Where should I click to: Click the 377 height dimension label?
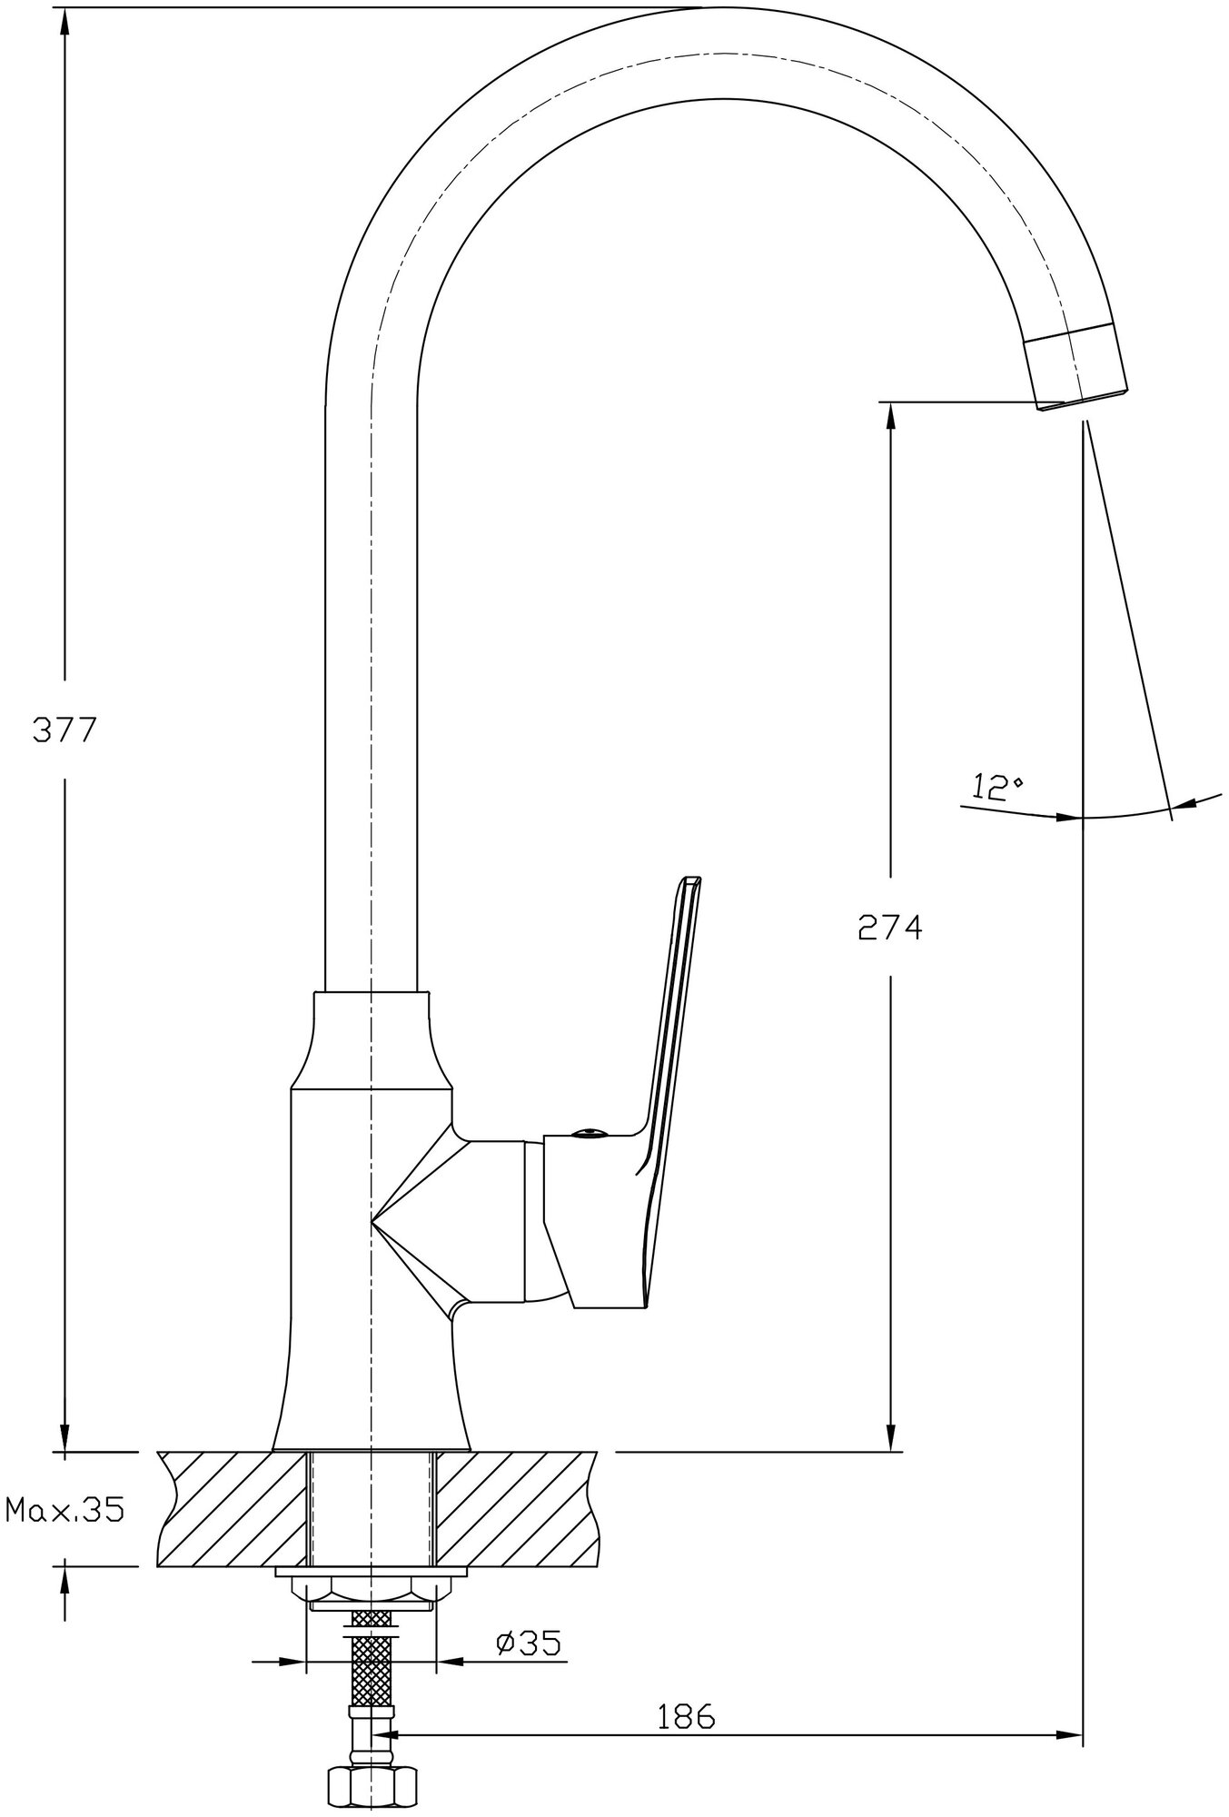[64, 730]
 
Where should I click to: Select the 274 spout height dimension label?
[890, 928]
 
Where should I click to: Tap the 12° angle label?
[997, 786]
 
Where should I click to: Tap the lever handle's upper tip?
[692, 879]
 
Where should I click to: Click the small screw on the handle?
[588, 1132]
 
